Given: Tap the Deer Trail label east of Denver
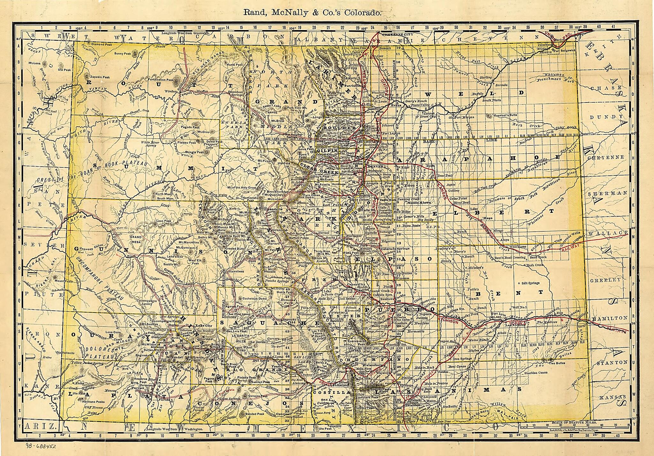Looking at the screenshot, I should coord(445,175).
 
